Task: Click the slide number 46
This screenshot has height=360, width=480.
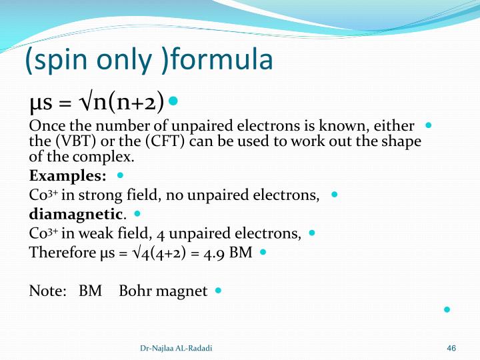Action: (451, 348)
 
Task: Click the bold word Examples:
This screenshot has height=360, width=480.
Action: (67, 176)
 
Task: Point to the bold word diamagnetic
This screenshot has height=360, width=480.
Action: (76, 215)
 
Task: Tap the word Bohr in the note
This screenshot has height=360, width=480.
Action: (136, 291)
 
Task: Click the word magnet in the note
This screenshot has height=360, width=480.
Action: (183, 291)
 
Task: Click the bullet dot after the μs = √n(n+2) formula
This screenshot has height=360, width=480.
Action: (173, 101)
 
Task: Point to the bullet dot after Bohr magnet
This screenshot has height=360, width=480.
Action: (218, 291)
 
